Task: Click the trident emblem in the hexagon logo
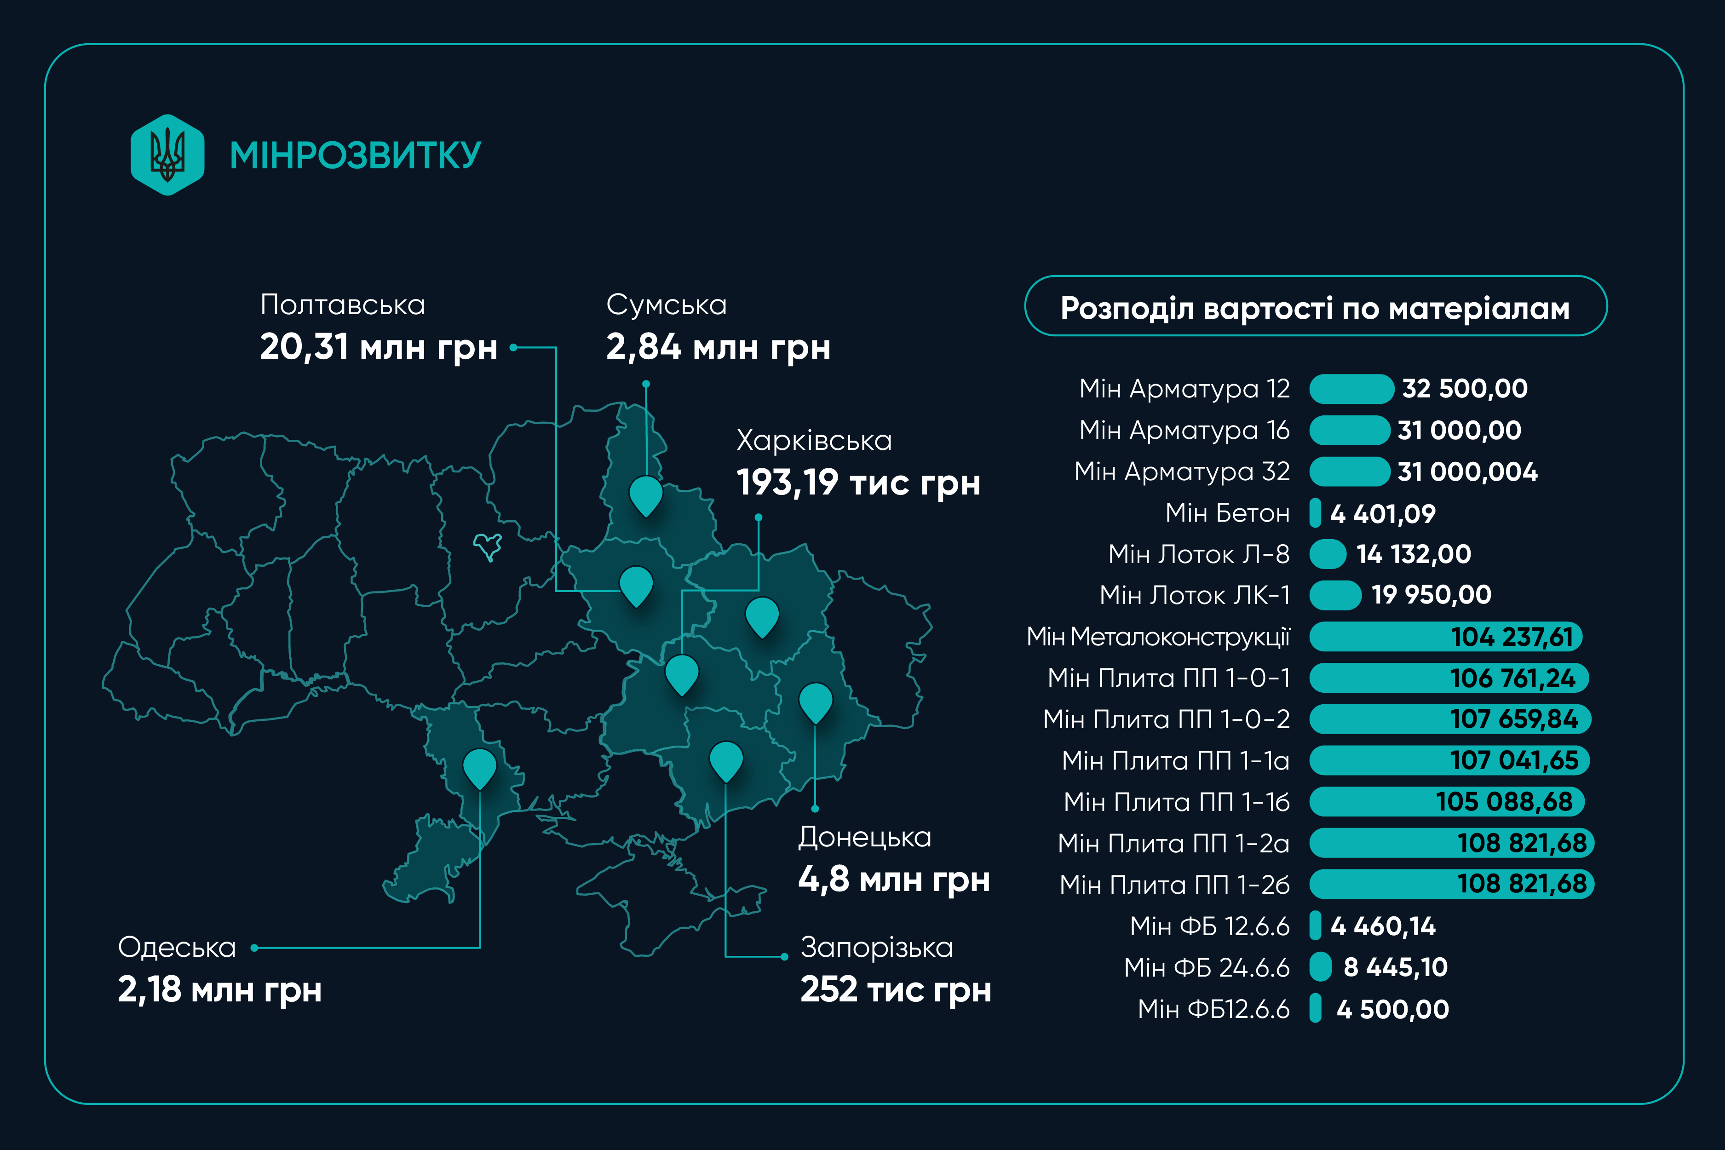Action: click(167, 155)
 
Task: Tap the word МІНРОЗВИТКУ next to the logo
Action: click(355, 155)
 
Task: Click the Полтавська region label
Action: click(343, 305)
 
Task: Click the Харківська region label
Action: click(814, 441)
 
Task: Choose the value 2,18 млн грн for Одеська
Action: click(219, 989)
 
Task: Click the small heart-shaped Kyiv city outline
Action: click(488, 546)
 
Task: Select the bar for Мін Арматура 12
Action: click(1351, 389)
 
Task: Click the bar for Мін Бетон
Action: click(1315, 513)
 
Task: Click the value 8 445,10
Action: click(1395, 967)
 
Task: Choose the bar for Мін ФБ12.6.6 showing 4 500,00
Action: click(1315, 1008)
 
